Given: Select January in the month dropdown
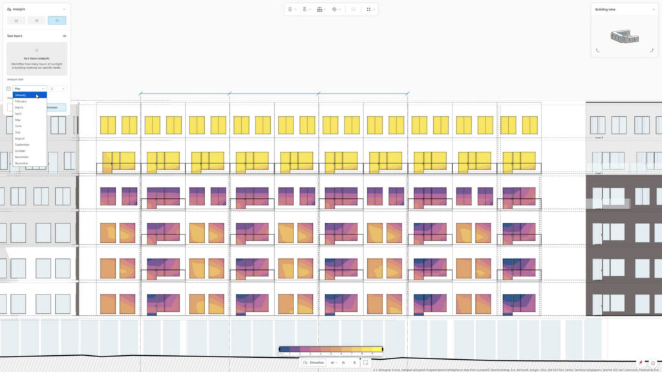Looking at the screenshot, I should (21, 95).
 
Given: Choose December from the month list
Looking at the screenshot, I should (22, 163).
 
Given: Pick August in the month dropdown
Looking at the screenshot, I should (19, 138).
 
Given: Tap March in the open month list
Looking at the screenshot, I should (19, 107).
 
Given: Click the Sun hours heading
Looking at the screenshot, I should (14, 36).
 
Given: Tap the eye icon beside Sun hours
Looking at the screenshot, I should (65, 36).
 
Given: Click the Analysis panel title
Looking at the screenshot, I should (19, 10).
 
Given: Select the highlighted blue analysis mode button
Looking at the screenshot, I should (56, 21).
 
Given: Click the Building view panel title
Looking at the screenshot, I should (605, 10).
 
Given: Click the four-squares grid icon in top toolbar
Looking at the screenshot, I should (369, 10).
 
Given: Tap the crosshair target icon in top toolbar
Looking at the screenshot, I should (334, 10).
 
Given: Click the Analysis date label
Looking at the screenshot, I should (16, 79).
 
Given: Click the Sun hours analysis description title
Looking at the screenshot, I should (36, 58).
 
